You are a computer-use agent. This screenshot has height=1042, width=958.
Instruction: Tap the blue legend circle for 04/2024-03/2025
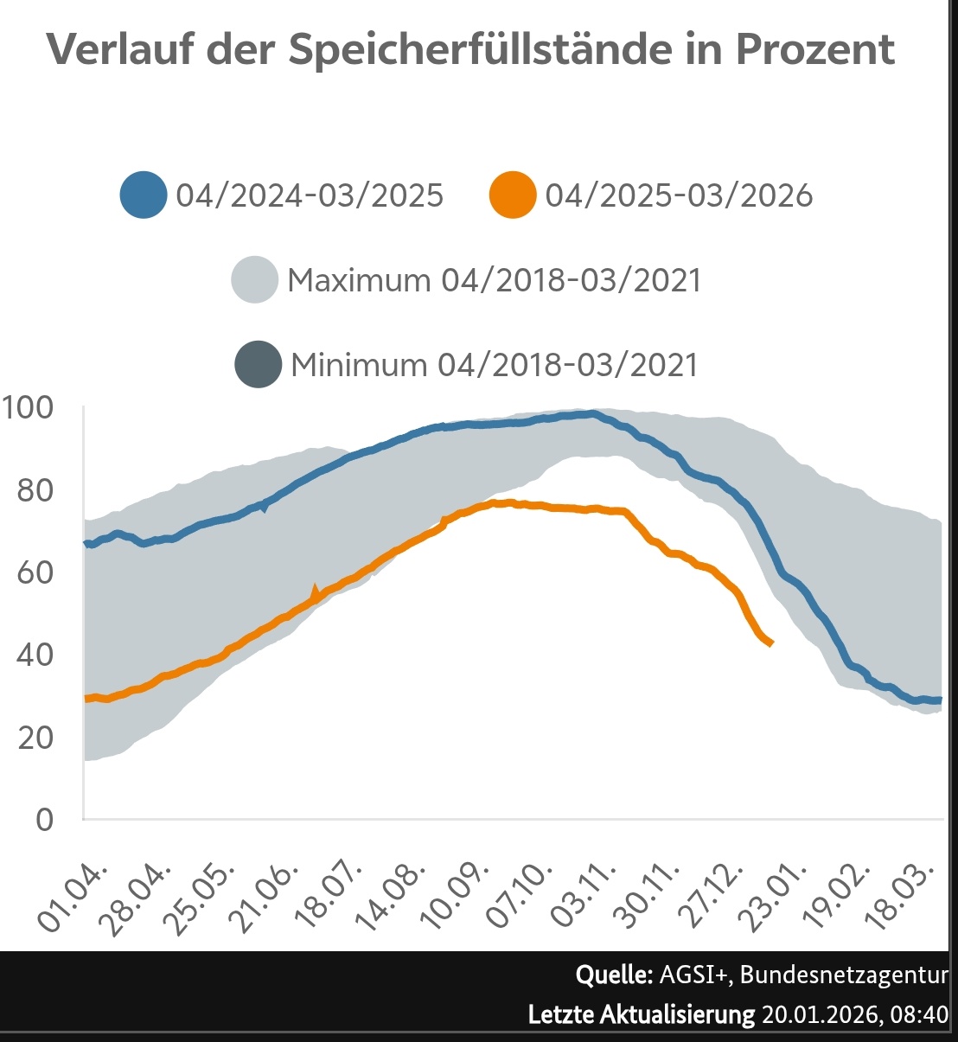click(x=144, y=195)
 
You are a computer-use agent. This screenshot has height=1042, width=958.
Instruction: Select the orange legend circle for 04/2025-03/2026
click(x=513, y=195)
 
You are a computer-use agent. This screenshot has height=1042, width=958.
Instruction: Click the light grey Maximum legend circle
click(x=255, y=279)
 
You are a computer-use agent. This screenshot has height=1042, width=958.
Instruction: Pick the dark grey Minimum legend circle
click(x=258, y=364)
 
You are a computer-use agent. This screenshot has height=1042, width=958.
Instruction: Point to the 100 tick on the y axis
click(x=28, y=407)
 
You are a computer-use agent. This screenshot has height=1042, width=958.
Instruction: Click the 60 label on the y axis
click(x=35, y=572)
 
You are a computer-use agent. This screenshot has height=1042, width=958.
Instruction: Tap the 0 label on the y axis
click(x=44, y=820)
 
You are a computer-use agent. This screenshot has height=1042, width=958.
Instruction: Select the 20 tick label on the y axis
click(x=35, y=738)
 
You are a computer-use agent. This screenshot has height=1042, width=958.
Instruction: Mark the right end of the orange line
click(x=770, y=642)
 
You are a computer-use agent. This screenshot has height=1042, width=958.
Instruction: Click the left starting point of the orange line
click(x=86, y=699)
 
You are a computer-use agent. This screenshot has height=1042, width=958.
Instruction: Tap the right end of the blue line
click(x=940, y=700)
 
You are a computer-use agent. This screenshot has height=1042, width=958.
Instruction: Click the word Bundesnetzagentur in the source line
click(x=844, y=975)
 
